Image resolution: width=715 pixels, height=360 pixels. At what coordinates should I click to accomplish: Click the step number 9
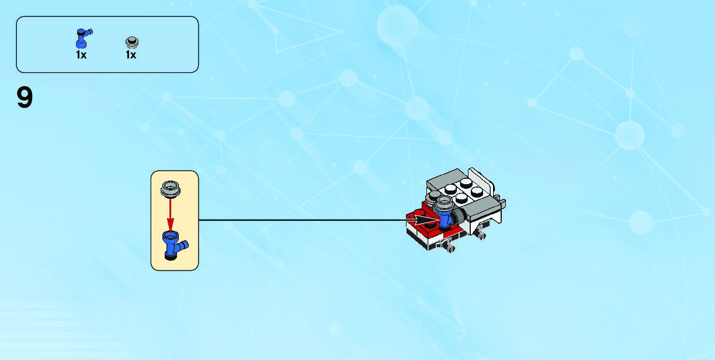pos(25,98)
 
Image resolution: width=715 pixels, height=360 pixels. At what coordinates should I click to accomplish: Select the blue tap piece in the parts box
pos(81,39)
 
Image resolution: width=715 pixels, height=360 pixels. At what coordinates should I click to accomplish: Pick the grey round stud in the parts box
pos(131,41)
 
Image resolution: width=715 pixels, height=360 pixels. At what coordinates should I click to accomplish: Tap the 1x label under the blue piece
pos(81,55)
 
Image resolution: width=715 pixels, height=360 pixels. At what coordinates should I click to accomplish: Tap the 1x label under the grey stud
pos(131,55)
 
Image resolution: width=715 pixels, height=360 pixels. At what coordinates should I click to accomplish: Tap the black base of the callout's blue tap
pos(170,256)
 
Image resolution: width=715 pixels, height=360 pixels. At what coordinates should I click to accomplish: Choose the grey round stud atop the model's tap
pos(443,202)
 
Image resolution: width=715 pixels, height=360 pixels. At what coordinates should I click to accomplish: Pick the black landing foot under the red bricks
pos(450,250)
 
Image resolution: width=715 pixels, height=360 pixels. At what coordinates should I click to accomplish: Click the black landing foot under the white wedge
pos(481,234)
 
